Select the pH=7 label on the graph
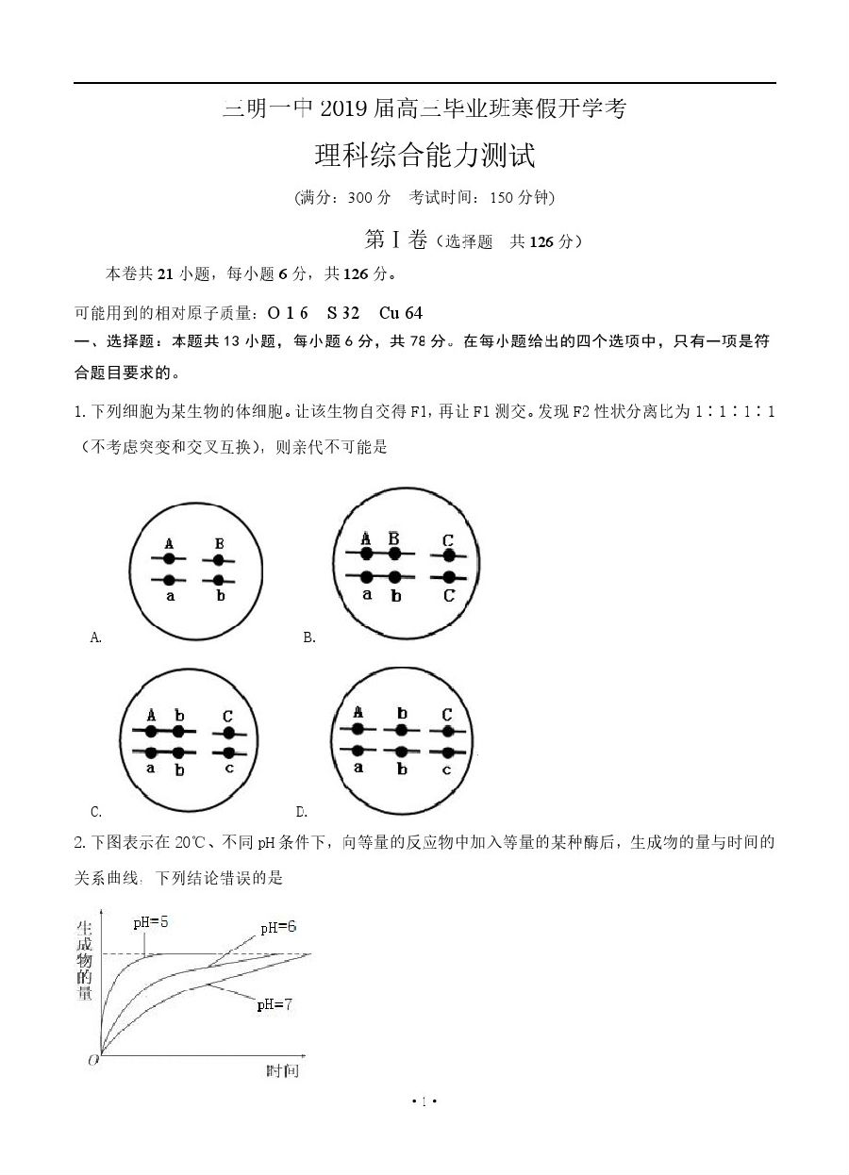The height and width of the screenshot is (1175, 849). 275,1005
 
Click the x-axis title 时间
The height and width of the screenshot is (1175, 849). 282,1070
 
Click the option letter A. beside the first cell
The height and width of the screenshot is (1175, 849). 95,638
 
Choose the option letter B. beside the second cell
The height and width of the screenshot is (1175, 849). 309,638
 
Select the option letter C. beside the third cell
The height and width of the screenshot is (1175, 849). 96,811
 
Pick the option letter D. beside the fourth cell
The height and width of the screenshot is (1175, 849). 302,811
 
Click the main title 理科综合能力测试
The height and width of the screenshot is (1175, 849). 424,156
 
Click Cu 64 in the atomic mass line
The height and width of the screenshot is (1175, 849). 401,313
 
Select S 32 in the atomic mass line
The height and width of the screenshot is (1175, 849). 343,313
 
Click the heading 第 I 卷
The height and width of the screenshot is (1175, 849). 396,240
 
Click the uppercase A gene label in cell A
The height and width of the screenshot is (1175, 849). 169,544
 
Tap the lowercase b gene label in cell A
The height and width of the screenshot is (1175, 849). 221,596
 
